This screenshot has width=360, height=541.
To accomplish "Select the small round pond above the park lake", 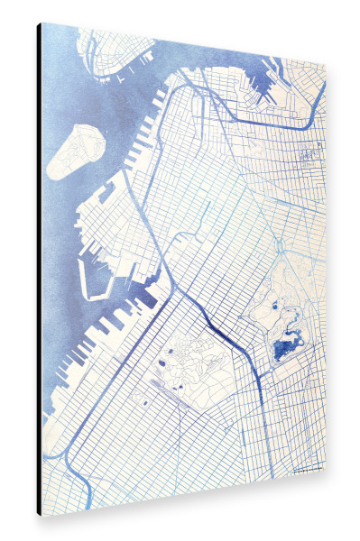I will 274,307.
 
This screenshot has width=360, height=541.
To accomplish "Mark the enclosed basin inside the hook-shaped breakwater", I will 97,275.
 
